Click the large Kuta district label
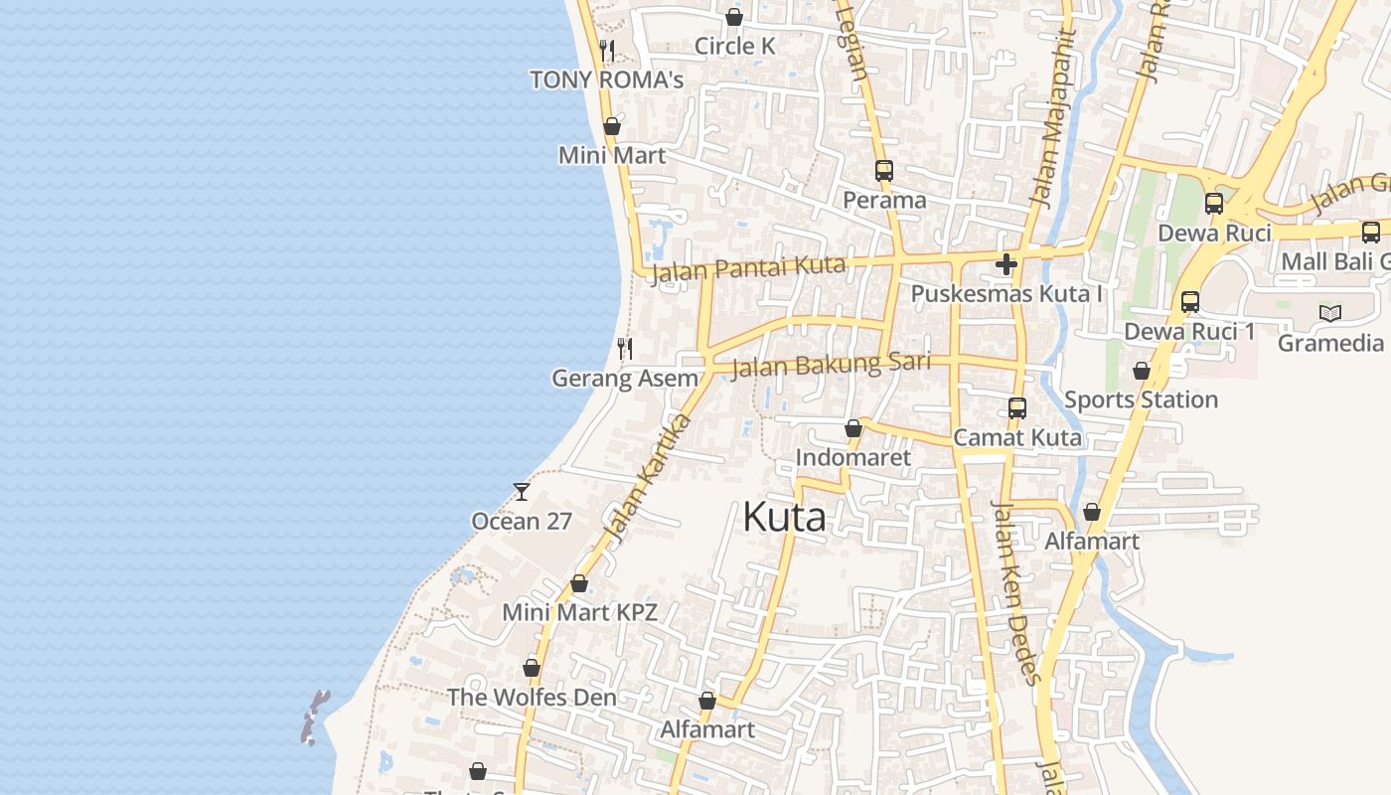(784, 517)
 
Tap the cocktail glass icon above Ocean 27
(521, 491)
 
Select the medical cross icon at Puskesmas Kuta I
(1006, 264)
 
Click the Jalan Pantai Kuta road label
(748, 268)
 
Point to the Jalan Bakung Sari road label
(831, 365)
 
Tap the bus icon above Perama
(884, 171)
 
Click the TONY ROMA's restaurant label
(606, 79)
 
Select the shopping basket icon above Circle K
(734, 17)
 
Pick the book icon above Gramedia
(1329, 314)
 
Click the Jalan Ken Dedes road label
(1016, 592)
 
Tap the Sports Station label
(1141, 399)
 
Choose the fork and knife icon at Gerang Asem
(625, 348)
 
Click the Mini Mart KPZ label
(579, 612)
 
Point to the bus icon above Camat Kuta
(1016, 408)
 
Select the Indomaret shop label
(852, 457)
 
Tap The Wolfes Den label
(532, 697)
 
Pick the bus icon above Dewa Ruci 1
(1189, 302)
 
